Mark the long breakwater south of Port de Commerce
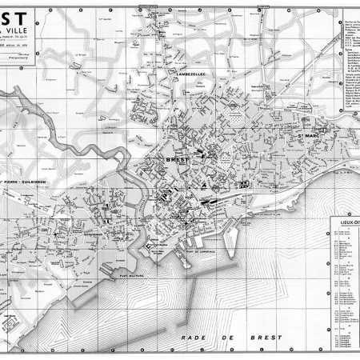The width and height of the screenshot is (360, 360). pyautogui.click(x=240, y=240)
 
